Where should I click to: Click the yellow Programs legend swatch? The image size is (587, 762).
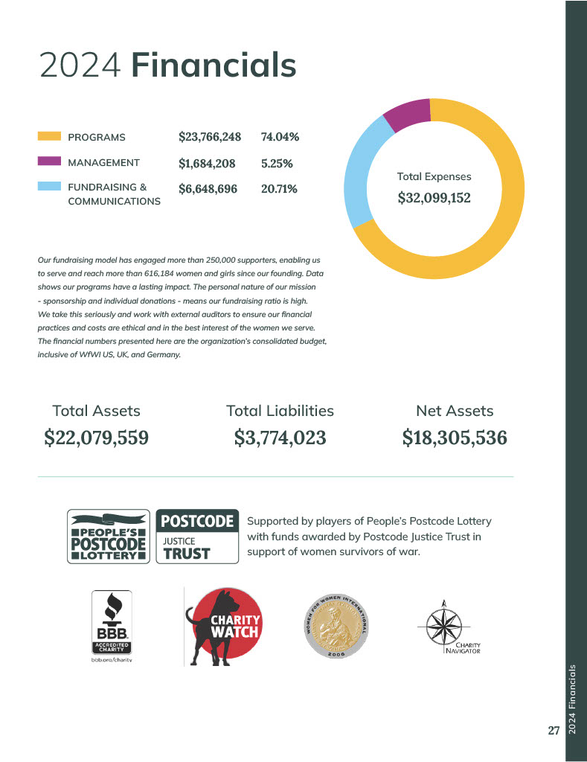tap(48, 137)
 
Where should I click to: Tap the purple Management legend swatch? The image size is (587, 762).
tap(48, 161)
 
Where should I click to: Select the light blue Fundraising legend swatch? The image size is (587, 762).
tap(48, 187)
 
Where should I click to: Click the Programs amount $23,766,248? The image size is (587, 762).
tap(210, 137)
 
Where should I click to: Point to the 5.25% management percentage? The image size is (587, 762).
tap(277, 163)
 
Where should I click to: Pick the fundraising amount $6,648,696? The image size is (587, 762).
tap(208, 189)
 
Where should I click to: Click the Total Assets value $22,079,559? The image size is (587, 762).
tap(97, 438)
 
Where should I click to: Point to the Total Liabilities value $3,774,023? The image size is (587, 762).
tap(280, 438)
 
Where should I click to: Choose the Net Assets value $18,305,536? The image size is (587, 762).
tap(455, 438)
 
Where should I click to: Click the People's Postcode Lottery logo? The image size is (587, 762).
tap(109, 536)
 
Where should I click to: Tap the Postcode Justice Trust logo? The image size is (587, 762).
tap(197, 536)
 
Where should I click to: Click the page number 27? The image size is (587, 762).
tap(553, 731)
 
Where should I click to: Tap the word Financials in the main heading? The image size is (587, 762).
tap(214, 65)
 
